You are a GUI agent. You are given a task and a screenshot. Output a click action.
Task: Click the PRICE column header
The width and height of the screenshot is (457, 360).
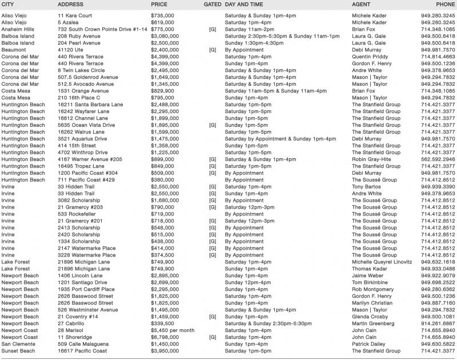[x=159, y=5]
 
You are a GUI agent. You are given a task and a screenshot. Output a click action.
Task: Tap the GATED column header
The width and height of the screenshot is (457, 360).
[x=213, y=5]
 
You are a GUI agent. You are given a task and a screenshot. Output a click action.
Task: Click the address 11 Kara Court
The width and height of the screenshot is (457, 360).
[x=79, y=15]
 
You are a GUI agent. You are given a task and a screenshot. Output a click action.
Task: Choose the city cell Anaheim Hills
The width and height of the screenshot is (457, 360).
[x=21, y=29]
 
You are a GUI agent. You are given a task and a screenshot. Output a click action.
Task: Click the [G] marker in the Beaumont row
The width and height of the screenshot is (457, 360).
[x=213, y=50]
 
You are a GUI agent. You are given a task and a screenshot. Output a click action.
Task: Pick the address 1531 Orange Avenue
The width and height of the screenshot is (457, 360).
[x=85, y=91]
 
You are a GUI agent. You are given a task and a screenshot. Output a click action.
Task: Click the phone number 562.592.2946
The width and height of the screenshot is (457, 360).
[x=438, y=159]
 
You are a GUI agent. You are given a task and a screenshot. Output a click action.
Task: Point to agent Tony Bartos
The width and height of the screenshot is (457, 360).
[x=367, y=187]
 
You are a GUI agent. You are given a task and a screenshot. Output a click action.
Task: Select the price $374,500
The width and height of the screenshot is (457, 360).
[x=162, y=255]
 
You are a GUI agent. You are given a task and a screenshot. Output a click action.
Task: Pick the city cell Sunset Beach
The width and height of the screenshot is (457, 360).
[x=19, y=351]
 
